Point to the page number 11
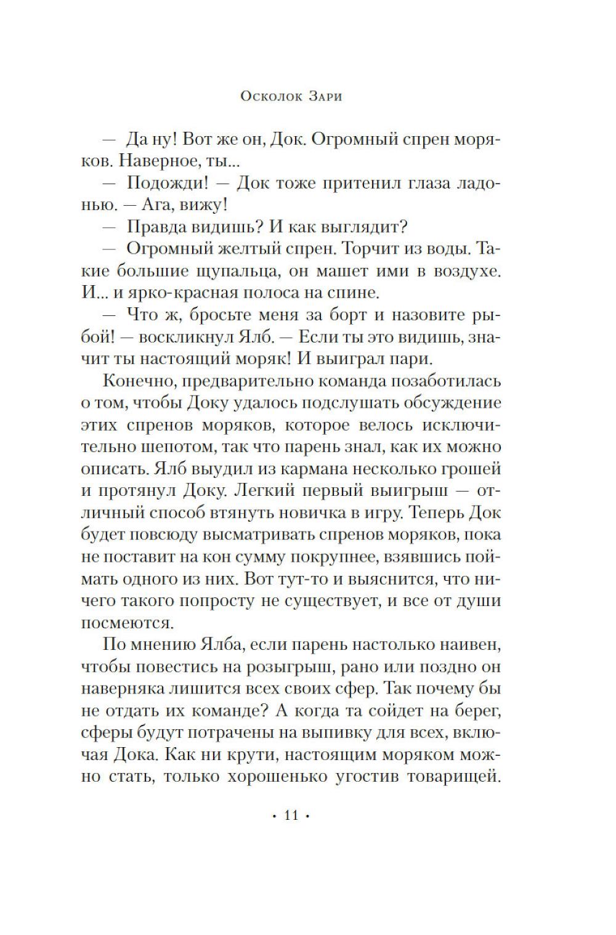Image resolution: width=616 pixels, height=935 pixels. point(291,816)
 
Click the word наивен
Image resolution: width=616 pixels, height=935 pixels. point(471,644)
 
